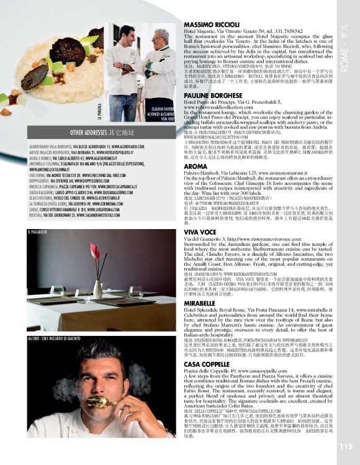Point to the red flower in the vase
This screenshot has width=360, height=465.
click(94, 251)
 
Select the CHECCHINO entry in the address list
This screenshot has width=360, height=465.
click(37, 176)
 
